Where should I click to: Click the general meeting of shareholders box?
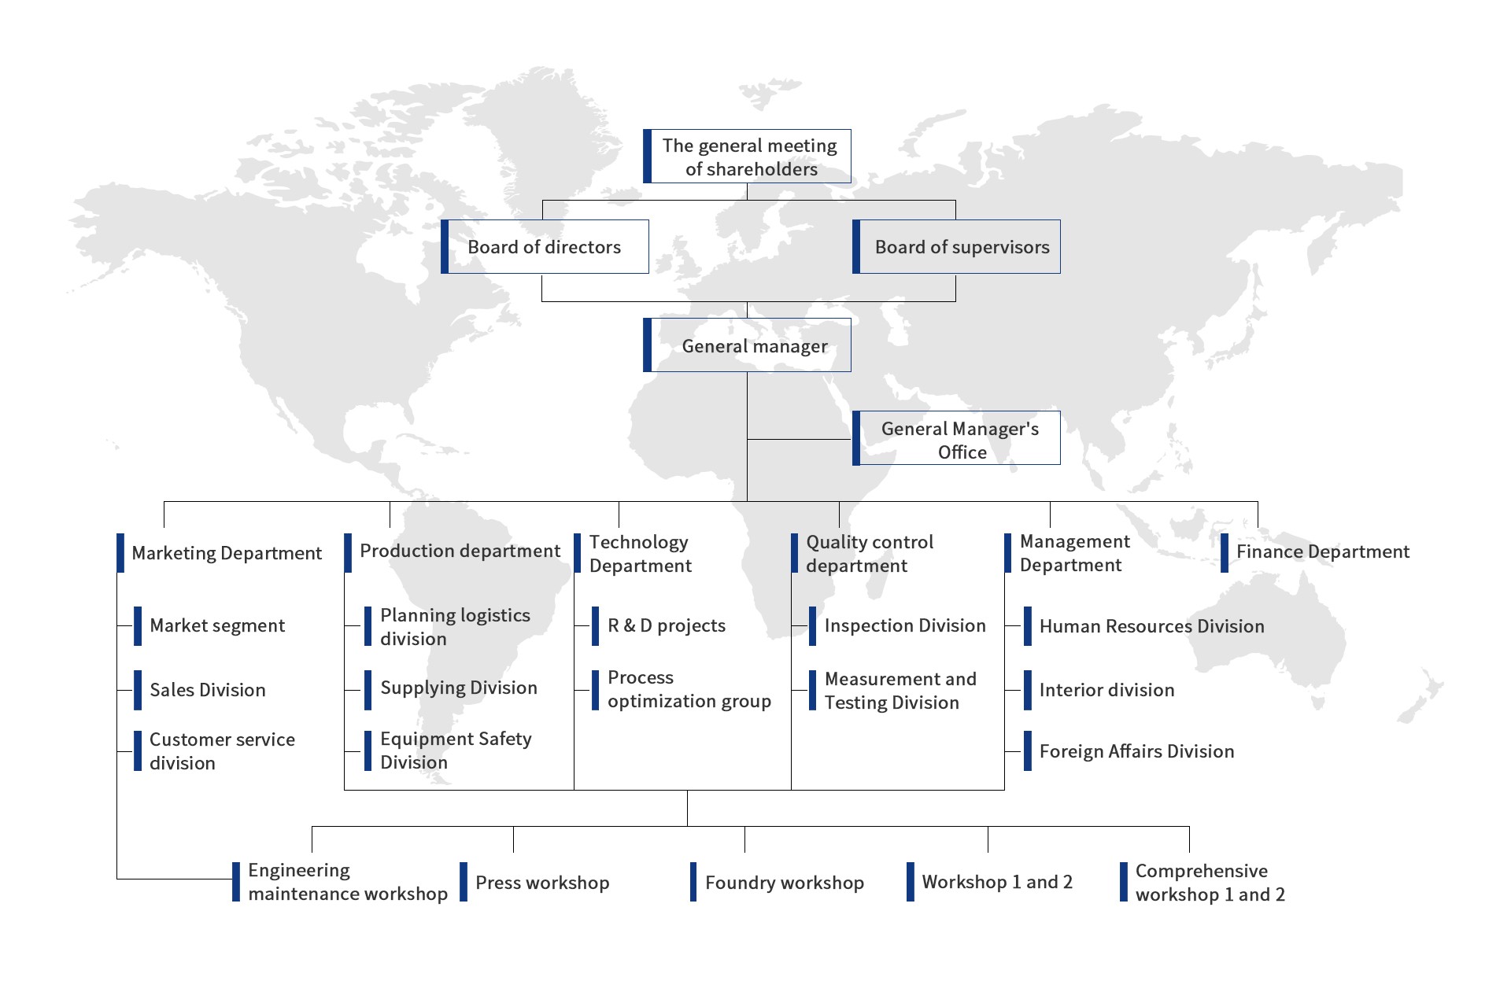747,157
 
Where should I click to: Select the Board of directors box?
545,247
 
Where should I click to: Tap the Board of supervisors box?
956,247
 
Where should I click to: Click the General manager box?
747,345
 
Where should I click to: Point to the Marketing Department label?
227,553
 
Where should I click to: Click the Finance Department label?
1322,552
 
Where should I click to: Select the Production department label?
460,551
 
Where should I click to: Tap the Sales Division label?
208,690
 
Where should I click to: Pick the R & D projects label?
667,626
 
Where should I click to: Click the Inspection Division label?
905,626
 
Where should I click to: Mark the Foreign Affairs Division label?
1136,751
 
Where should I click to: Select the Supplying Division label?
459,688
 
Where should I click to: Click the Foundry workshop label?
785,883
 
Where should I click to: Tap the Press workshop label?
542,883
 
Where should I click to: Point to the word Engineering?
299,870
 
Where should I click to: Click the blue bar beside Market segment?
138,626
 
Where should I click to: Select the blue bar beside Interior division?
1028,690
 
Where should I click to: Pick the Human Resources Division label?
1151,626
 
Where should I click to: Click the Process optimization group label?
689,690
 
